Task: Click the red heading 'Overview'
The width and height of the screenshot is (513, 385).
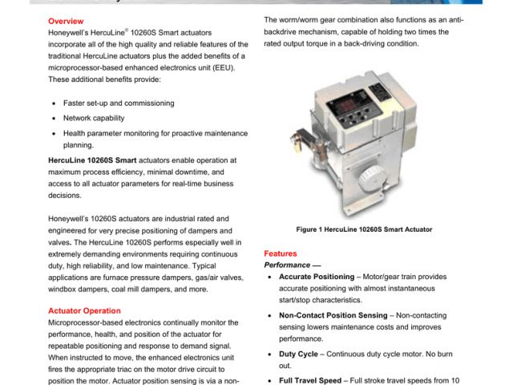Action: [66, 20]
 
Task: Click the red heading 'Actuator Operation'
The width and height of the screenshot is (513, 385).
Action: [84, 310]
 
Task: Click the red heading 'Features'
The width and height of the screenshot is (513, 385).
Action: [281, 253]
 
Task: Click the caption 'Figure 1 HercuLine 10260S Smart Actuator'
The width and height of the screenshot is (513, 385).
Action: [364, 229]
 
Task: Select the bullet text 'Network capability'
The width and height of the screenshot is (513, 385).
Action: [94, 118]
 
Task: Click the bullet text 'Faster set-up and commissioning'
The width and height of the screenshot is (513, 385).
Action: [118, 103]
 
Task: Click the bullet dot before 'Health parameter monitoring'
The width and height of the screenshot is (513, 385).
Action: [54, 133]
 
